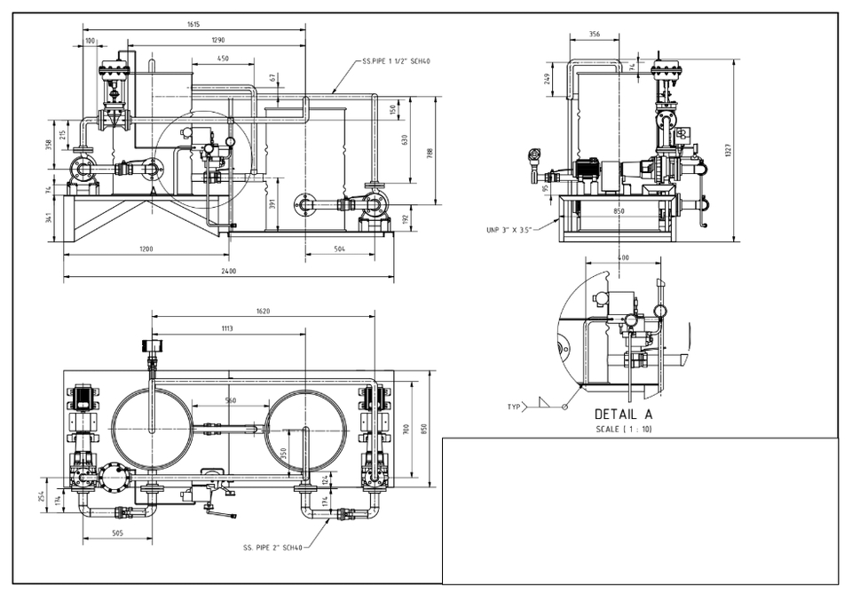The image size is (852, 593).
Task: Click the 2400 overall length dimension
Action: click(229, 271)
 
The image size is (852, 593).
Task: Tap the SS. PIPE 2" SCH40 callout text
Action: click(272, 548)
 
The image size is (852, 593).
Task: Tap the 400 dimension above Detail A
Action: click(625, 257)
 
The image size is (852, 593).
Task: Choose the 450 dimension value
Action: click(223, 59)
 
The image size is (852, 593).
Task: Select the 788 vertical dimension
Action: click(430, 153)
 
